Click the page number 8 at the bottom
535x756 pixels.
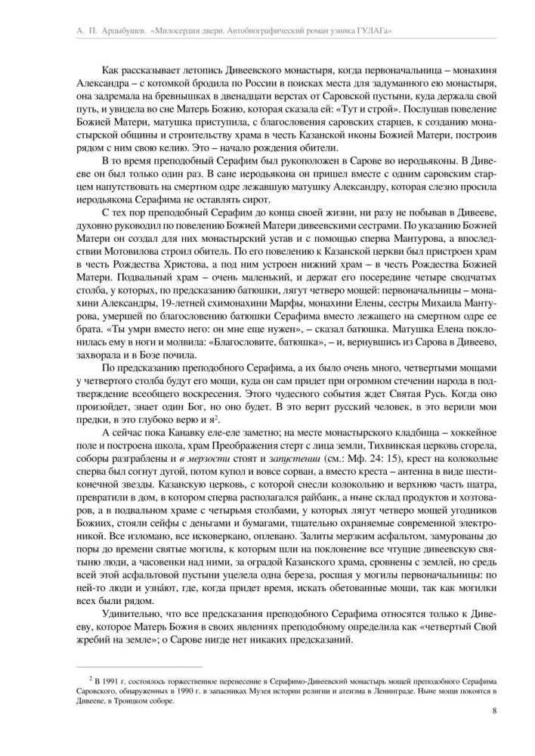(x=493, y=710)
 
